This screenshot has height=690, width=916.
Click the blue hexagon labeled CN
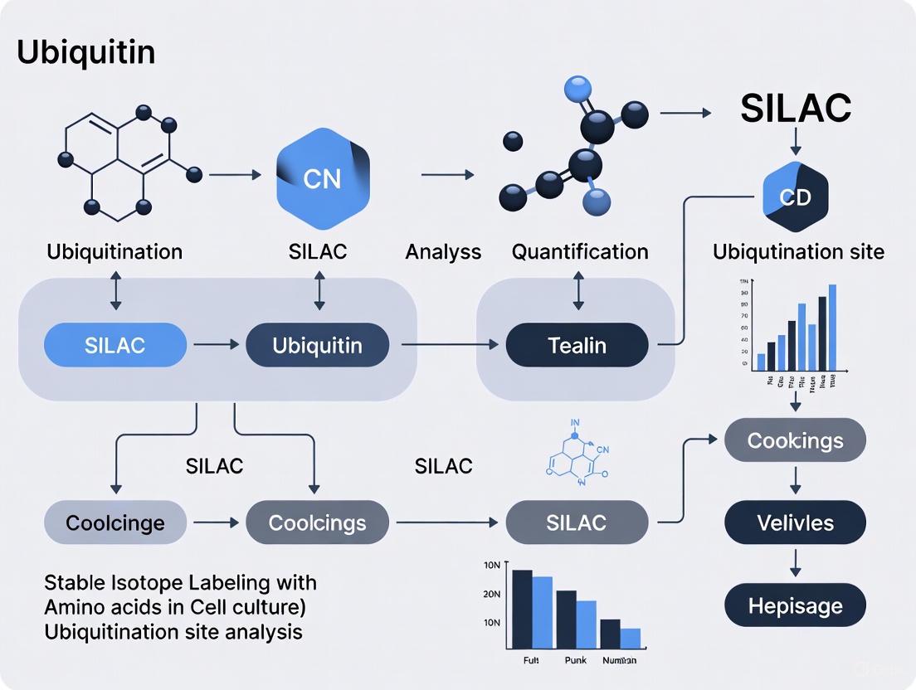pos(322,178)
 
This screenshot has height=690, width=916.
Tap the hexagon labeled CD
pos(794,197)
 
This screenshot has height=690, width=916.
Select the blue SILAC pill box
pos(114,345)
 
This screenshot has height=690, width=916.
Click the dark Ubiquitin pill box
pos(317,345)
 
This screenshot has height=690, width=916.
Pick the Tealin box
pos(577,345)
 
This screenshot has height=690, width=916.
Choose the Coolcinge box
pos(114,522)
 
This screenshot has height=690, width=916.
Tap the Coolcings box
pos(317,522)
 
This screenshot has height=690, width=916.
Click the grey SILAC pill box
pos(577,522)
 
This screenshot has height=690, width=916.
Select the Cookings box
pos(795,440)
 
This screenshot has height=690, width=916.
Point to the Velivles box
pos(795,522)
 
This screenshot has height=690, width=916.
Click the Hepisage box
pos(795,605)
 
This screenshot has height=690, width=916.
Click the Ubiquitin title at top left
pos(85,52)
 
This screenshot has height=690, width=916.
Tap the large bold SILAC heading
pos(796,108)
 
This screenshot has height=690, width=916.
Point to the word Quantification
pos(580,251)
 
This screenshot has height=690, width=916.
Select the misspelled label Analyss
pos(443,251)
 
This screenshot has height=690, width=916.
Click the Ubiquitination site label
pos(798,251)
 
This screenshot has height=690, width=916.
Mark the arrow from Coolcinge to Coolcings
pos(216,522)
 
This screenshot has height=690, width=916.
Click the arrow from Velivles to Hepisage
pos(795,564)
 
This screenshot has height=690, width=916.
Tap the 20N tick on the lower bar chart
pos(491,594)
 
